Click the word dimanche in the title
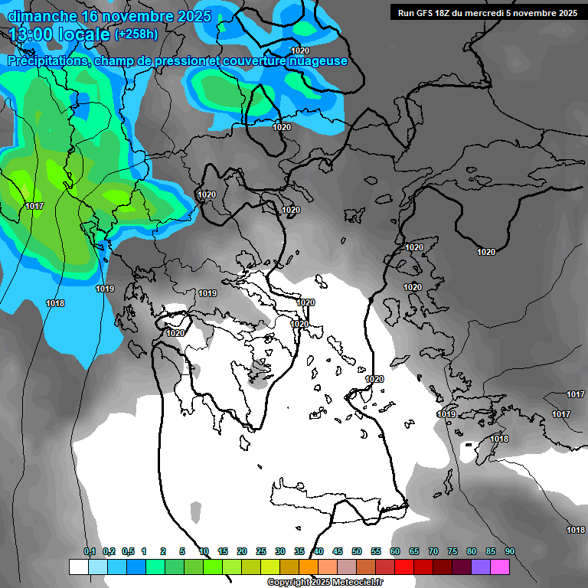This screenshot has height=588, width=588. point(41,15)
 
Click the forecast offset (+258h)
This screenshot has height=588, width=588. point(136,34)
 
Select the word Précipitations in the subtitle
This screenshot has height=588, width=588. point(47,60)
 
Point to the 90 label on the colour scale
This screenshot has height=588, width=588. point(509,552)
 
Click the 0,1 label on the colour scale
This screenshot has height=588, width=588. point(90,552)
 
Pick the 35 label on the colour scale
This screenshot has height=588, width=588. point(299,552)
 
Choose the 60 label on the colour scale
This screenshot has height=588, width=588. point(395,552)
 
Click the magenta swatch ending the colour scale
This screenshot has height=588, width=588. point(500,567)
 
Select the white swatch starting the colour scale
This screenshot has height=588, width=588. point(78,567)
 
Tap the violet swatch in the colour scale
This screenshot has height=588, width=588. point(481,567)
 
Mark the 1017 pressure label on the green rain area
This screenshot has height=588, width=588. point(34,207)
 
